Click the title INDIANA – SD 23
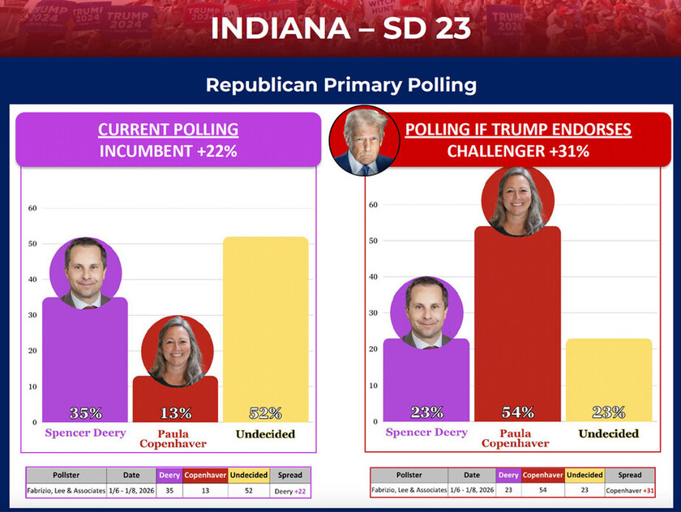click(340, 28)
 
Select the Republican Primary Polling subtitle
click(340, 85)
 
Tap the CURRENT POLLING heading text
click(168, 130)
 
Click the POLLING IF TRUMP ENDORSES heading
click(518, 130)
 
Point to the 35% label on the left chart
click(85, 413)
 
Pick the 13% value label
click(175, 413)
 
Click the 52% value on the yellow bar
click(265, 413)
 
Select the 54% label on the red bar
click(517, 412)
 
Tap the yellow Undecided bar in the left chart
click(265, 324)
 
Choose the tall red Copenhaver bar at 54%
click(517, 324)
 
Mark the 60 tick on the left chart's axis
click(32, 208)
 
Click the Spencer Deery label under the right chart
click(426, 433)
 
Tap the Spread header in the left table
click(289, 476)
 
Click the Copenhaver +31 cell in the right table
click(629, 490)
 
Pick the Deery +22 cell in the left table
click(289, 490)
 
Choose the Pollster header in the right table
click(409, 476)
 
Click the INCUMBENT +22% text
click(168, 151)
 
